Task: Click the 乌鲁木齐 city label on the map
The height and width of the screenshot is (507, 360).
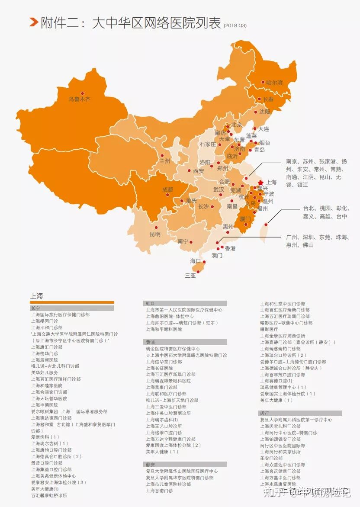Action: click(x=80, y=99)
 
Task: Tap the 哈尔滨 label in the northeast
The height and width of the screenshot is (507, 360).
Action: click(x=274, y=82)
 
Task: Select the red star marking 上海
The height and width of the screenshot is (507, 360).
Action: click(x=260, y=183)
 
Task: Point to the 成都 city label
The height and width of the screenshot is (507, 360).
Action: click(x=167, y=189)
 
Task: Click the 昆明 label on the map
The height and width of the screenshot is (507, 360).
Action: click(x=155, y=234)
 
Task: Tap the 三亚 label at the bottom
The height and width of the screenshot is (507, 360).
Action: click(x=190, y=275)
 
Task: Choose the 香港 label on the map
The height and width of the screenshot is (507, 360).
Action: click(x=230, y=248)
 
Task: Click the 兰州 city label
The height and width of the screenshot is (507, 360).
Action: click(x=164, y=161)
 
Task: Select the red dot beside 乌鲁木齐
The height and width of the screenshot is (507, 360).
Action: click(x=82, y=93)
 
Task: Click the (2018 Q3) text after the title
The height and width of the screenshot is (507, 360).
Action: click(x=235, y=26)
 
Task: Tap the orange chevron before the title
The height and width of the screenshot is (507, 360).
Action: click(x=33, y=22)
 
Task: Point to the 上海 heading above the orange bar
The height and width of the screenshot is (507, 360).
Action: click(x=37, y=296)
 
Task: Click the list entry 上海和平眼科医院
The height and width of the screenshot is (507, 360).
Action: click(x=164, y=329)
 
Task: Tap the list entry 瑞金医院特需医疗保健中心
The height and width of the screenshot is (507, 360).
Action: click(x=173, y=349)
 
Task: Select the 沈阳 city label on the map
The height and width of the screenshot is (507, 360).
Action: click(x=264, y=112)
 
